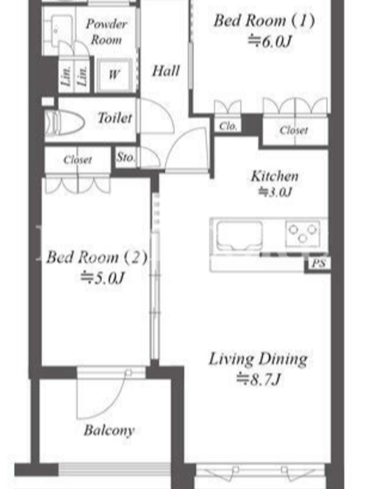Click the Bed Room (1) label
264,21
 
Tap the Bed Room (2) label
97,257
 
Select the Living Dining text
258,359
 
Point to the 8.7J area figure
259,379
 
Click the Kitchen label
275,176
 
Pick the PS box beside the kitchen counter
319,263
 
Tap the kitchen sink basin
240,236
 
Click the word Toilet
115,118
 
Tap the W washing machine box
114,75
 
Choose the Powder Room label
106,32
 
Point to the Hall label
166,71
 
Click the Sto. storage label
125,157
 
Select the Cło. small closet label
228,126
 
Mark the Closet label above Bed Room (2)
78,160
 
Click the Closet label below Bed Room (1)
294,130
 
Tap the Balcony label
109,430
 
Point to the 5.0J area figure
103,278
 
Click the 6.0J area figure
270,41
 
